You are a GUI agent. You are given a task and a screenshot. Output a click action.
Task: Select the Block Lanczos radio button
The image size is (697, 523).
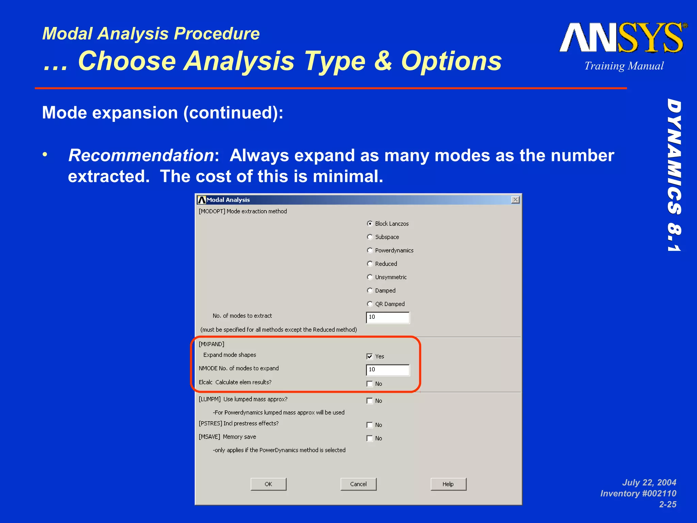pos(370,223)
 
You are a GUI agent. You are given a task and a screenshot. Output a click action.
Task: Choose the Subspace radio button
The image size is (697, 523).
pos(370,237)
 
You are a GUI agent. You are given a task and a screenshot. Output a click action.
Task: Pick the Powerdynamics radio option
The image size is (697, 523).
pos(370,250)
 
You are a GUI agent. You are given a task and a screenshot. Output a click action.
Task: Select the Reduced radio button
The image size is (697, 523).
pos(370,264)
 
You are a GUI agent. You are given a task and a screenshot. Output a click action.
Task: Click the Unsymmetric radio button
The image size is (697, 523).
pos(370,277)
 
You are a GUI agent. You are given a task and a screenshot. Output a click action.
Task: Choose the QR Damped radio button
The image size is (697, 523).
pos(370,304)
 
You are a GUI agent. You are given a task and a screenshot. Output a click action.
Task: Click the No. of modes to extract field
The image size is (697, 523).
pos(388,317)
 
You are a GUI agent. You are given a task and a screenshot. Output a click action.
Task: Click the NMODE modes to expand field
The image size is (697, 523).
pos(388,370)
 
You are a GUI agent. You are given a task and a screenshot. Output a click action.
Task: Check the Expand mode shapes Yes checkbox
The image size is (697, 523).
pos(370,356)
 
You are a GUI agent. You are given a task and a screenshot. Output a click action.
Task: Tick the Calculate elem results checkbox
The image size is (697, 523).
pos(370,384)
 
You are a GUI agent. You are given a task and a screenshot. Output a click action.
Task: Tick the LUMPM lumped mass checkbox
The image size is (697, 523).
pos(370,401)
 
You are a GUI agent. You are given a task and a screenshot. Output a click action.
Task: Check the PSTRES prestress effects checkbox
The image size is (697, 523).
pos(370,425)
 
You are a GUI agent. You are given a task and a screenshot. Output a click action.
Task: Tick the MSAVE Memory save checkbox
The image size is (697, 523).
pos(370,438)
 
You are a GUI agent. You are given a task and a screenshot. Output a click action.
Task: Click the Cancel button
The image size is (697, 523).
pos(358,484)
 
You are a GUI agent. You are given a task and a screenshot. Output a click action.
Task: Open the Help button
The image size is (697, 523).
pos(448,484)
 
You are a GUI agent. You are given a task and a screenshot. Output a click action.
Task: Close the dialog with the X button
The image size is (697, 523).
pos(515,200)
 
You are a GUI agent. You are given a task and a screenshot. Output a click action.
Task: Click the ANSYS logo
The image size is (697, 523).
pos(622,38)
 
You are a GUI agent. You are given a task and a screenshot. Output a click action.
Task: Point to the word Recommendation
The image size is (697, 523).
pos(141,155)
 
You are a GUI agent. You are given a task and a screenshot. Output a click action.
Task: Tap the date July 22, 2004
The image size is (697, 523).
pos(649,482)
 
